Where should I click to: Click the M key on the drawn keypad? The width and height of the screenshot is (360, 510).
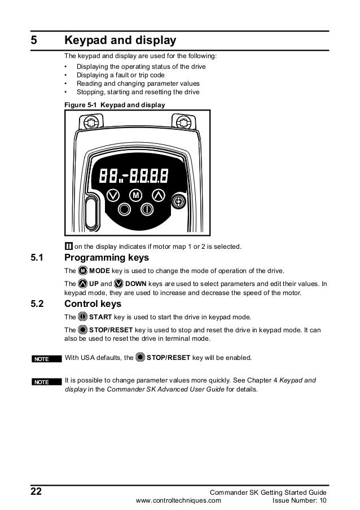(x=135, y=195)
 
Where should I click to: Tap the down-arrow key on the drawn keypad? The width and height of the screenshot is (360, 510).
(x=113, y=195)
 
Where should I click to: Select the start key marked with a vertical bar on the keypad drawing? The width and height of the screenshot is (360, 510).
(x=147, y=209)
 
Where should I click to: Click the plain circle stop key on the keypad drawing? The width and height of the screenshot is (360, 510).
(x=124, y=209)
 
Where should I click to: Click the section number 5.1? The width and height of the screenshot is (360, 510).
(x=37, y=258)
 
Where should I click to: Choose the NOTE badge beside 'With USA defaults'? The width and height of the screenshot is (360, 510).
(x=42, y=358)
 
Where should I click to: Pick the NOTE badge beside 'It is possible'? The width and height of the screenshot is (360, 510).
(x=42, y=382)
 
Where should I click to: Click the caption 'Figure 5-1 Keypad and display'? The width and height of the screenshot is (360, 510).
(x=115, y=105)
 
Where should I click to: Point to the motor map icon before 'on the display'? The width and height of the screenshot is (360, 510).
(x=68, y=246)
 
